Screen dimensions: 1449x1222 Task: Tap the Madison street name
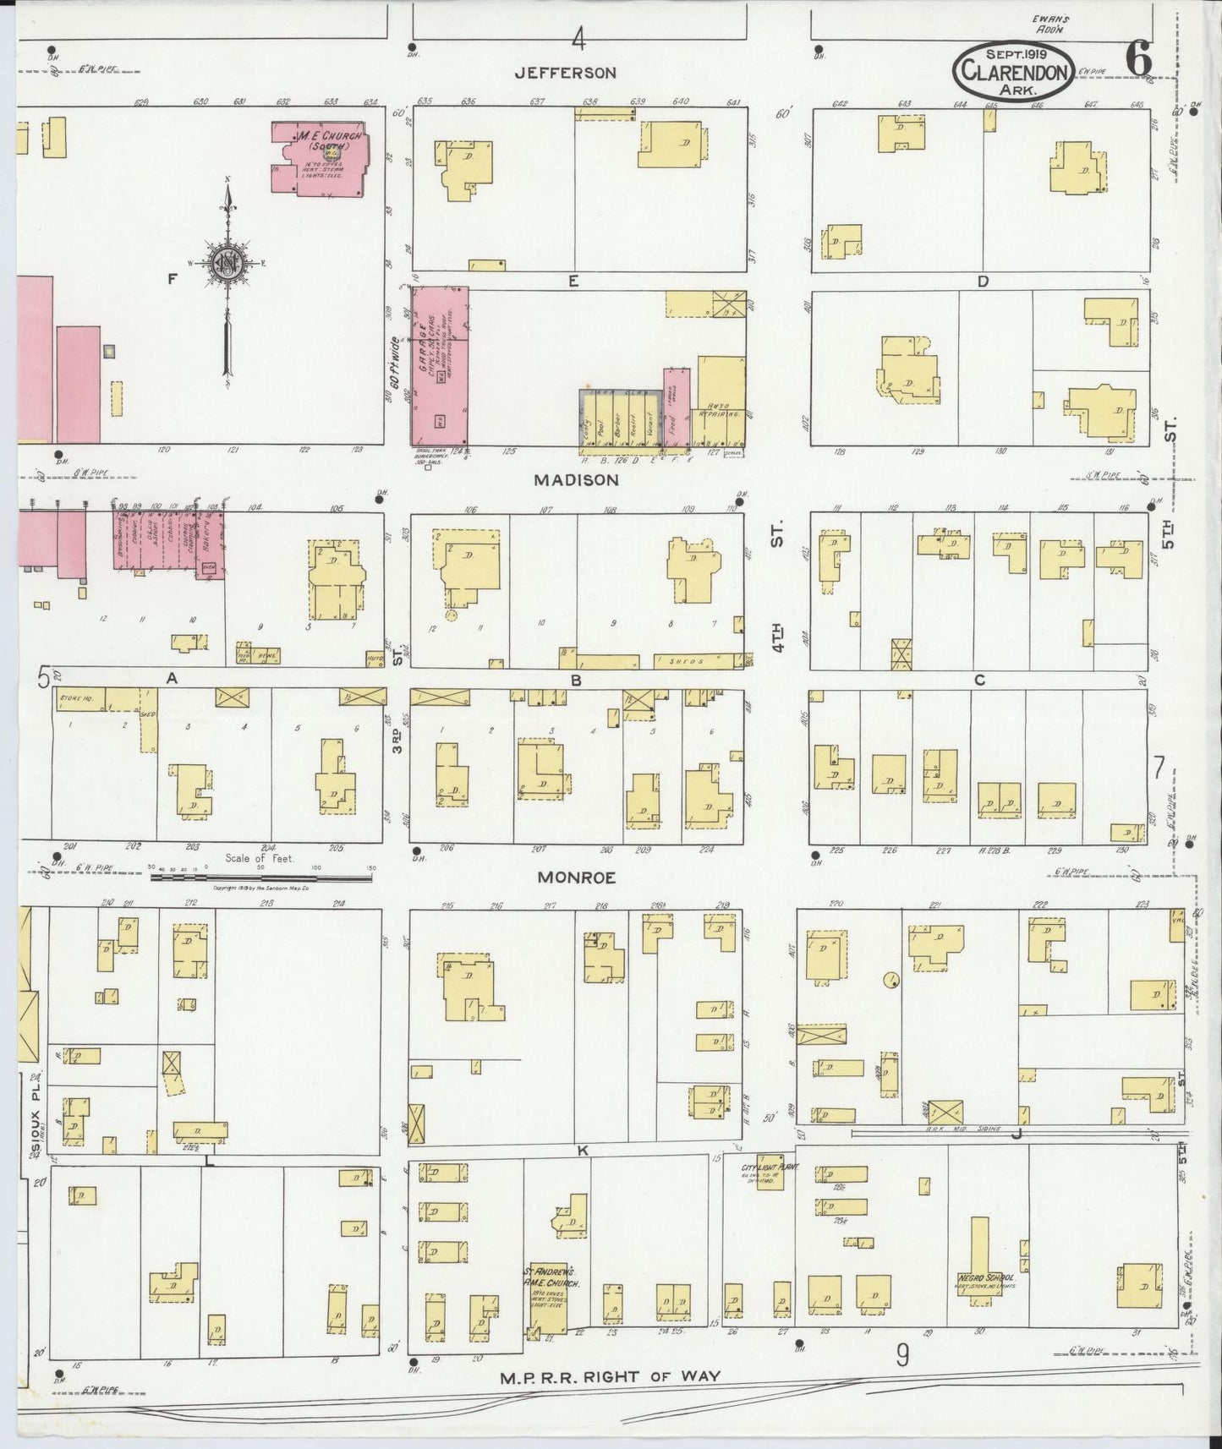pos(577,479)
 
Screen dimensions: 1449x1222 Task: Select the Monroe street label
pos(576,878)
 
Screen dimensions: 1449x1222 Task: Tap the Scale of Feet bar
pos(260,878)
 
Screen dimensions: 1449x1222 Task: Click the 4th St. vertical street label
pos(778,592)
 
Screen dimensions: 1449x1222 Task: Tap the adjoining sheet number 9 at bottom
pos(902,1356)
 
